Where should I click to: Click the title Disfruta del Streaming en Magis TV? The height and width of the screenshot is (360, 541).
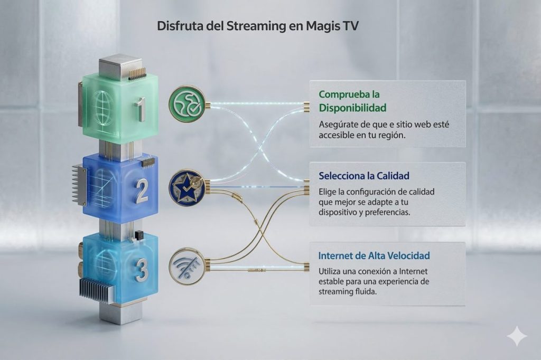click(x=258, y=26)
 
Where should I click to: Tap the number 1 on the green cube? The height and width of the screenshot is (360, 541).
click(x=140, y=109)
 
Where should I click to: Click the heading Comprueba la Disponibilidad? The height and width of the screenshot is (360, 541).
click(x=352, y=101)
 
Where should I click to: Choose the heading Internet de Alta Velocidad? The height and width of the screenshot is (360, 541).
click(x=374, y=255)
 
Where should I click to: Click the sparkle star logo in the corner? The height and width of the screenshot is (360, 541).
click(x=516, y=336)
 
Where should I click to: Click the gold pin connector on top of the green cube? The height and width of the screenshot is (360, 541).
click(x=137, y=72)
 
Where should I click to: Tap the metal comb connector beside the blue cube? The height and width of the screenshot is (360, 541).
click(x=79, y=184)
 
